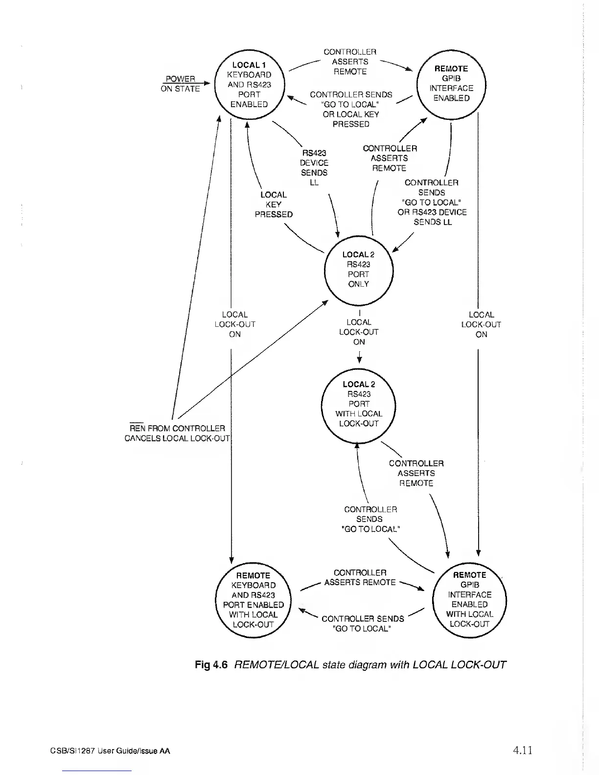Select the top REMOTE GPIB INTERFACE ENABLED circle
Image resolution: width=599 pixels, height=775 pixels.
click(451, 84)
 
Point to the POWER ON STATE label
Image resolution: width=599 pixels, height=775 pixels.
click(180, 84)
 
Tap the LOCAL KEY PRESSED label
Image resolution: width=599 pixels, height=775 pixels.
click(274, 205)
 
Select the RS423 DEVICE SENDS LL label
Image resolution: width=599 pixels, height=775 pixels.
click(314, 168)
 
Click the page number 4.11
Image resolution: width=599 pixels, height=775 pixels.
click(522, 750)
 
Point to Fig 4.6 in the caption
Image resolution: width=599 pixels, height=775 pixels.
click(211, 665)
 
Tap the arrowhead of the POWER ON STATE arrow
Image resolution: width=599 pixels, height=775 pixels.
click(208, 84)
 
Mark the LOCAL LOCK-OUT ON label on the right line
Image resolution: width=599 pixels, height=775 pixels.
click(481, 324)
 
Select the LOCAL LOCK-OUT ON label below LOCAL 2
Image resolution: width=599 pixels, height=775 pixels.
click(359, 332)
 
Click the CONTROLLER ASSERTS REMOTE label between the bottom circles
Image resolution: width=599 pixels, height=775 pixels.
click(360, 577)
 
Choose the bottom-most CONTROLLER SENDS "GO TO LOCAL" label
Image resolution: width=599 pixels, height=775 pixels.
click(362, 623)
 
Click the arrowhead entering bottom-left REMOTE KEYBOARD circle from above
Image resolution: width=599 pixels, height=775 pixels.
click(231, 560)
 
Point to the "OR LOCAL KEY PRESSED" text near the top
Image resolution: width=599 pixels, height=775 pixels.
click(350, 119)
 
